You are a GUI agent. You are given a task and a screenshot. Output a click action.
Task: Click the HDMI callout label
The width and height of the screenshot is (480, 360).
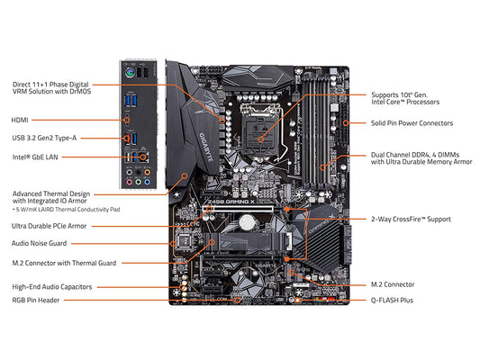(20, 119)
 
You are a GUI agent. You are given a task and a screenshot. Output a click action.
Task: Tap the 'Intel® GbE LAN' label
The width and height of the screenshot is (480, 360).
(36, 157)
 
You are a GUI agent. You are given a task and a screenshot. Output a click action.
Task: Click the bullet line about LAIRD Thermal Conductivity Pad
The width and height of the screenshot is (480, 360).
(68, 209)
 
